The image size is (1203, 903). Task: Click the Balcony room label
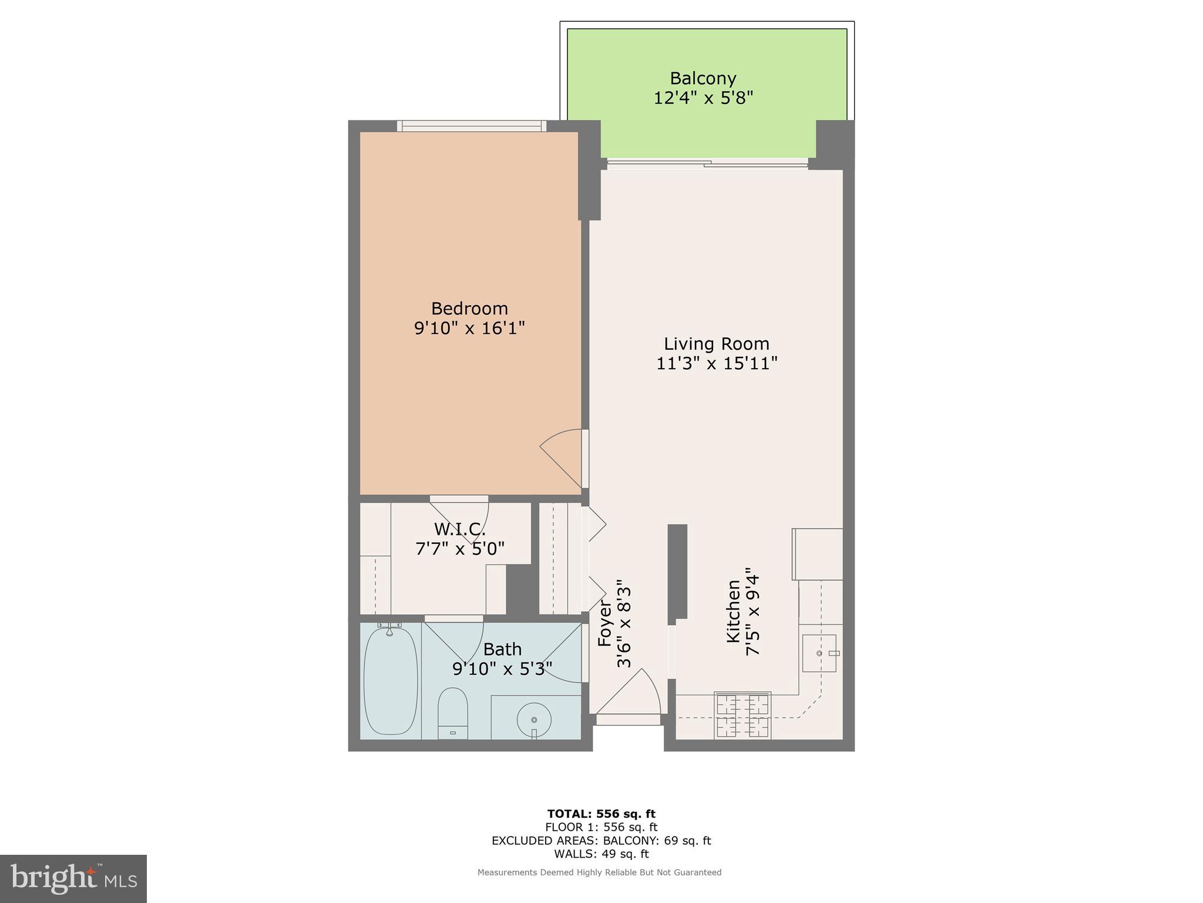[x=703, y=78]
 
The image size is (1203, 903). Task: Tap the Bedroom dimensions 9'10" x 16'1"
[x=469, y=328]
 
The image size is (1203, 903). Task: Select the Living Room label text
[x=716, y=344]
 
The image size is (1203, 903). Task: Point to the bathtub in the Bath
[x=391, y=681]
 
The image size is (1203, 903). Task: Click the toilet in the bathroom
[x=453, y=712]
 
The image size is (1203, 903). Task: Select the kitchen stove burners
[x=742, y=715]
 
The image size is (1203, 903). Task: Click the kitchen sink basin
[x=819, y=653]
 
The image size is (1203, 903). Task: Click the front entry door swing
[x=631, y=697]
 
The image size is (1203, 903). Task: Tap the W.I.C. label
[x=459, y=529]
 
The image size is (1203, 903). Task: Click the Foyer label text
[x=605, y=623]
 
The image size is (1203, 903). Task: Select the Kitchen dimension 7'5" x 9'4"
[x=752, y=611]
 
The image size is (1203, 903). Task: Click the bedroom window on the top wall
[x=472, y=125]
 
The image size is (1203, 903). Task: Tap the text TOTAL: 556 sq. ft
[x=601, y=814]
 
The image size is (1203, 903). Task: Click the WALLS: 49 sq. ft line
[x=601, y=854]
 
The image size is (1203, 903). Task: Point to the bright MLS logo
[x=73, y=879]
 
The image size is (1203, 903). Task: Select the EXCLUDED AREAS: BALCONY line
[x=601, y=841]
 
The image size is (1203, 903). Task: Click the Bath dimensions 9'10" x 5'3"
[x=502, y=669]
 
